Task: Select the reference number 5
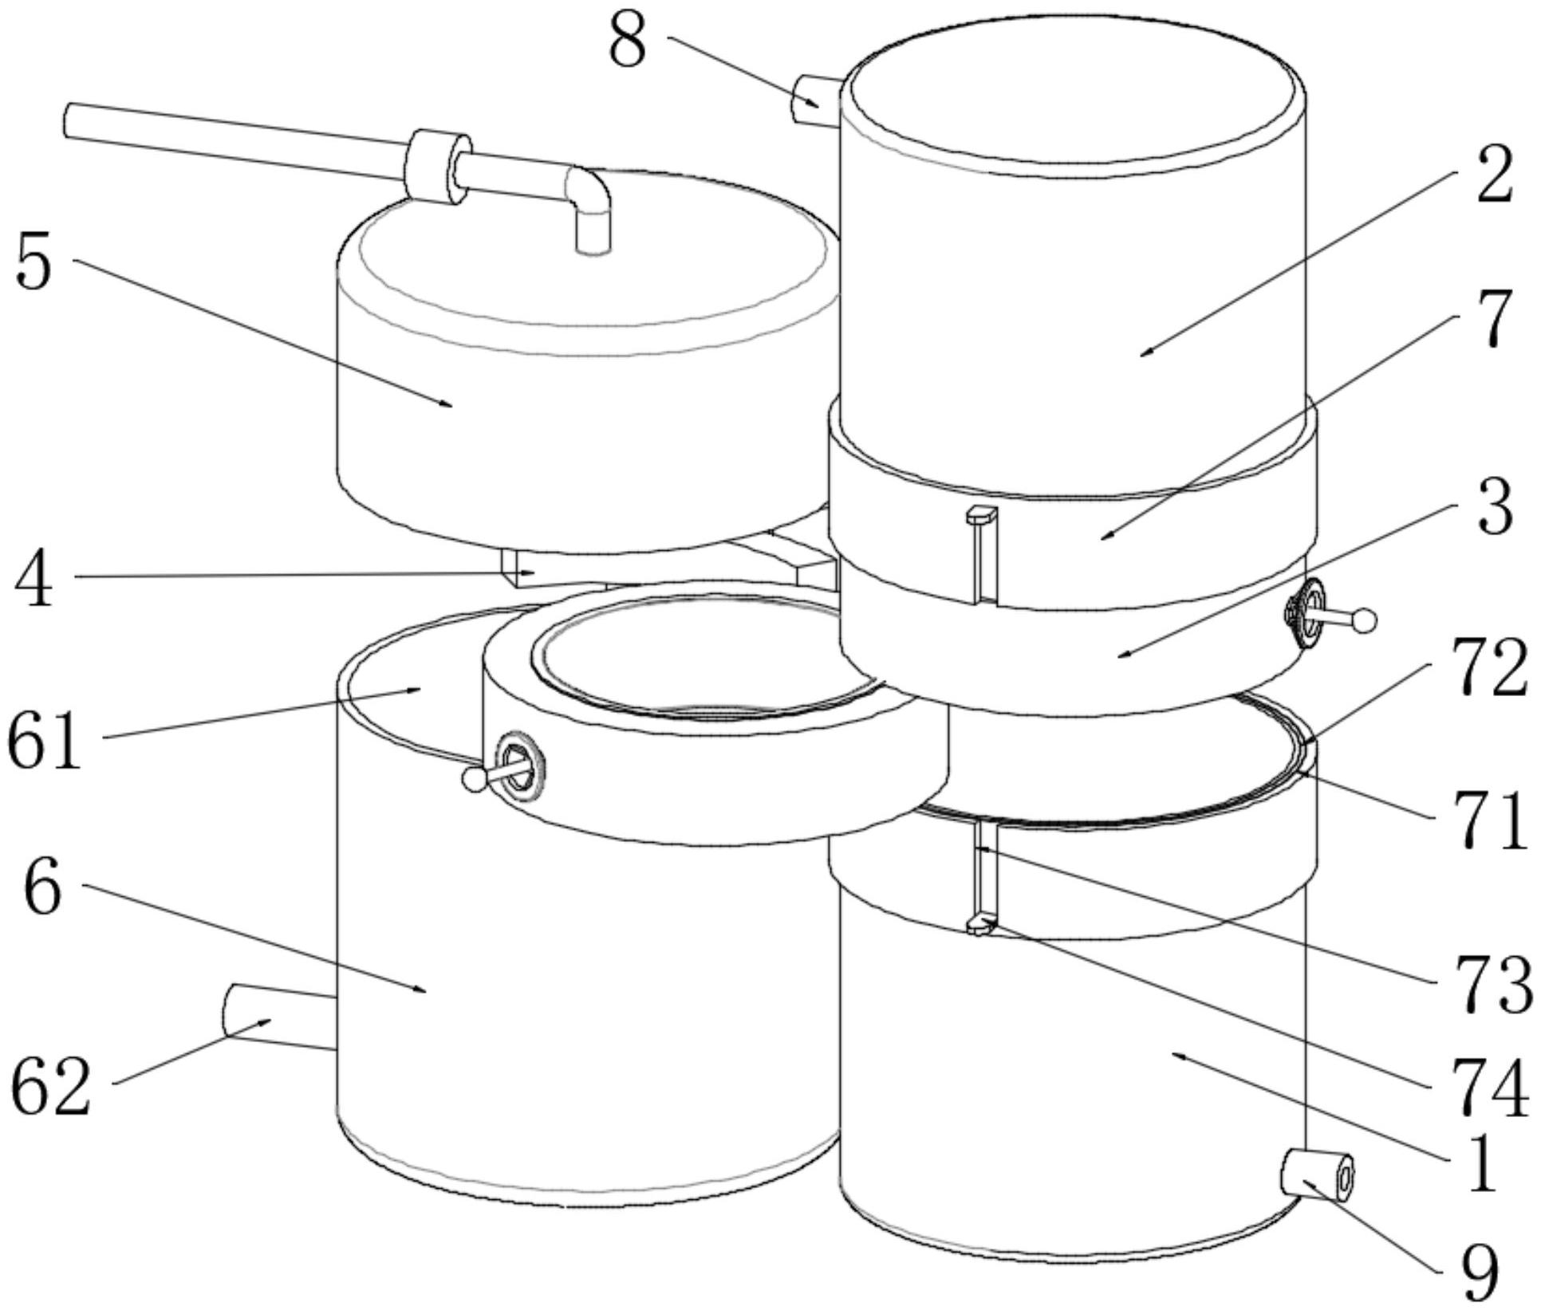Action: [x=33, y=262]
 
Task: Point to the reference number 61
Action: [x=45, y=741]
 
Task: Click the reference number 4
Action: [x=33, y=580]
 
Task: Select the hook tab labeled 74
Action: [x=981, y=924]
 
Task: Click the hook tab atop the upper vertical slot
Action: [x=981, y=515]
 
